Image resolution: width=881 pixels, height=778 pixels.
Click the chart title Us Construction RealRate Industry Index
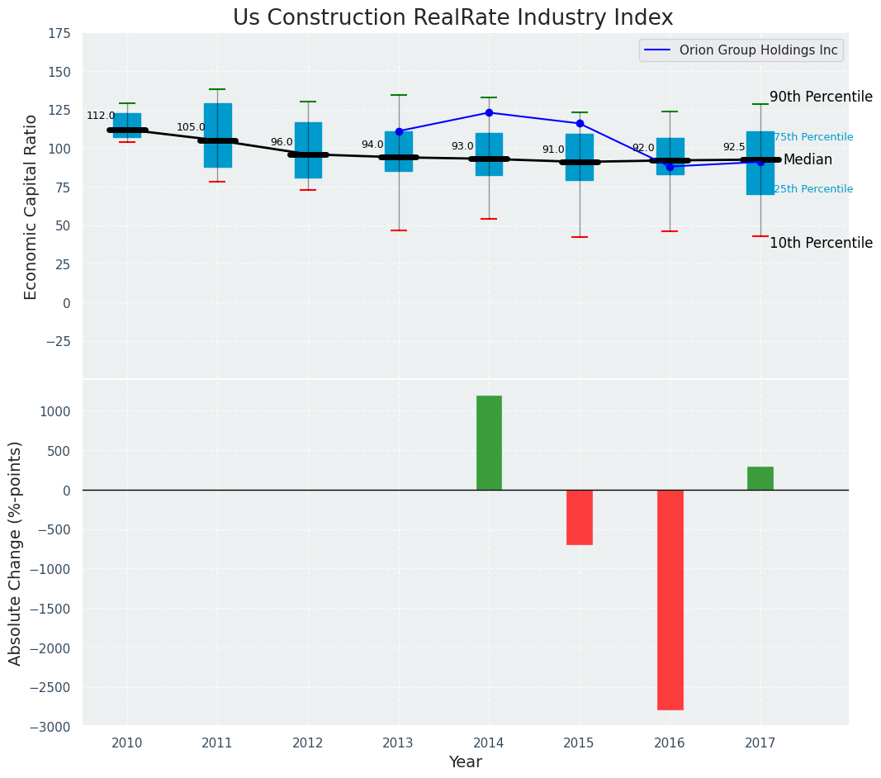click(x=452, y=18)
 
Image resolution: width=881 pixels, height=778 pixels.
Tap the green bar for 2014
click(x=489, y=443)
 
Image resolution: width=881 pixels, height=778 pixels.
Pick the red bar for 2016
click(x=670, y=600)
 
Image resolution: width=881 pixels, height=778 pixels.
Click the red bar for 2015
click(x=580, y=517)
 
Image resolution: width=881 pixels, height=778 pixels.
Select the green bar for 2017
click(x=760, y=478)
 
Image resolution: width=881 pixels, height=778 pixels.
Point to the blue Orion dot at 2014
click(x=489, y=112)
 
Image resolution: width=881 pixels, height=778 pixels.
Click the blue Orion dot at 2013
click(x=399, y=131)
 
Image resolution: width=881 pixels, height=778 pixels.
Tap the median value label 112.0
click(x=101, y=116)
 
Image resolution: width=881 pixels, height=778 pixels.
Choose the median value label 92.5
click(x=733, y=147)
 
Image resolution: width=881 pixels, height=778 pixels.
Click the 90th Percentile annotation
click(x=821, y=97)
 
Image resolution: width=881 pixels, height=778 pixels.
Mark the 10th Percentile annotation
click(x=821, y=243)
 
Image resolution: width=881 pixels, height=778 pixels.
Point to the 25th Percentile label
click(x=813, y=189)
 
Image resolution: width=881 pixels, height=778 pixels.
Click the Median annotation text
click(x=808, y=160)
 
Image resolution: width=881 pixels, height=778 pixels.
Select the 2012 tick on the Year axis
click(x=308, y=742)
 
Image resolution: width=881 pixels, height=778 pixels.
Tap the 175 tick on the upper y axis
click(x=58, y=34)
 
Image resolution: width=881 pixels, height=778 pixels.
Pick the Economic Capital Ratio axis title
click(x=31, y=206)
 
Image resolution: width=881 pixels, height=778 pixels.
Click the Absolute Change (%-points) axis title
click(x=16, y=553)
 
